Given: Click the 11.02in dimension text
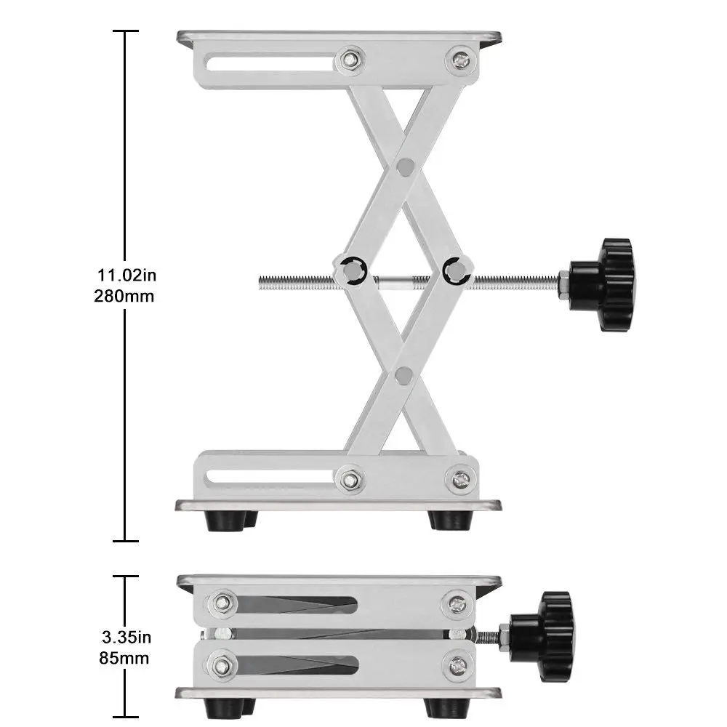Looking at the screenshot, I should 126,275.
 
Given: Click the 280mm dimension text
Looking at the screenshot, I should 124,296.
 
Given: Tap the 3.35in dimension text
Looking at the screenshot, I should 126,638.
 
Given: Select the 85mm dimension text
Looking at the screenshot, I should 124,659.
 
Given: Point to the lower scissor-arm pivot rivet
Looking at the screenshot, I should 403,375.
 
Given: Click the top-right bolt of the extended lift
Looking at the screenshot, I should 461,60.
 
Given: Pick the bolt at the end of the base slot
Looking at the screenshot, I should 352,479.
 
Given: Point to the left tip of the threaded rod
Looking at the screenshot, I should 260,278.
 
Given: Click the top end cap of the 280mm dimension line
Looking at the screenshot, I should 126,31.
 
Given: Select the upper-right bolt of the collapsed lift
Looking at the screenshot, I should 457,603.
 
